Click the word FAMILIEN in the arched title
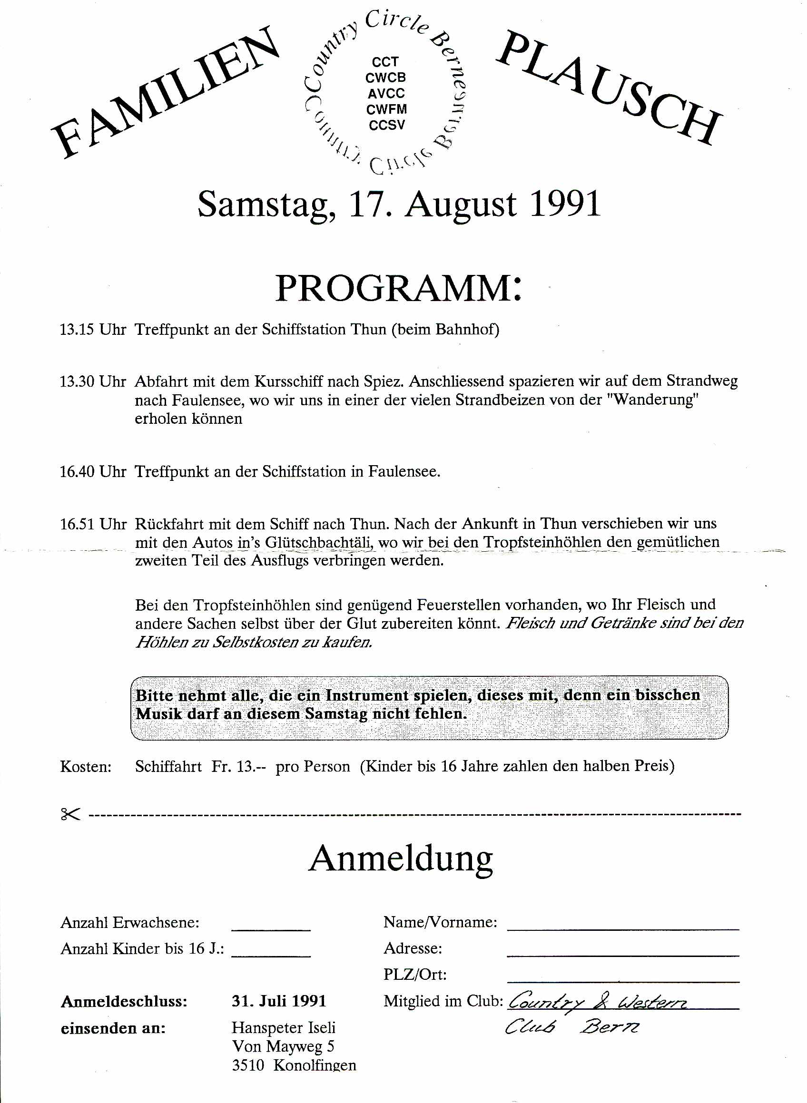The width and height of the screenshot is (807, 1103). [x=166, y=95]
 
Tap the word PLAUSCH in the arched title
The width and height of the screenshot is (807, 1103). [x=608, y=88]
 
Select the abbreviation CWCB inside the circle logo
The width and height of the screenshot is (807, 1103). [x=385, y=78]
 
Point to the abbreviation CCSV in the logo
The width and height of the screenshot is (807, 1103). [x=386, y=125]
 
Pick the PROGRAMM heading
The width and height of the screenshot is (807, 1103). [x=398, y=289]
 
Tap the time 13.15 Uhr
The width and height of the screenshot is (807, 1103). [x=93, y=330]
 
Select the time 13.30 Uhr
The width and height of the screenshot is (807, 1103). [x=93, y=381]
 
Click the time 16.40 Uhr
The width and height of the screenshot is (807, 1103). [x=93, y=472]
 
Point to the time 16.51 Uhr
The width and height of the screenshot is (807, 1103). [x=93, y=524]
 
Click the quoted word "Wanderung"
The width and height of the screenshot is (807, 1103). [x=655, y=400]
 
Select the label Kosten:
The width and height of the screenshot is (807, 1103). [x=86, y=767]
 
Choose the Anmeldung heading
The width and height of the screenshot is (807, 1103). [x=401, y=859]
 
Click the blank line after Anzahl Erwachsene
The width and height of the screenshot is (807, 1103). [x=271, y=930]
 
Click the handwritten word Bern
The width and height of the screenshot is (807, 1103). [x=609, y=1028]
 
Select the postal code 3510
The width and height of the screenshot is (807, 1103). [x=248, y=1065]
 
